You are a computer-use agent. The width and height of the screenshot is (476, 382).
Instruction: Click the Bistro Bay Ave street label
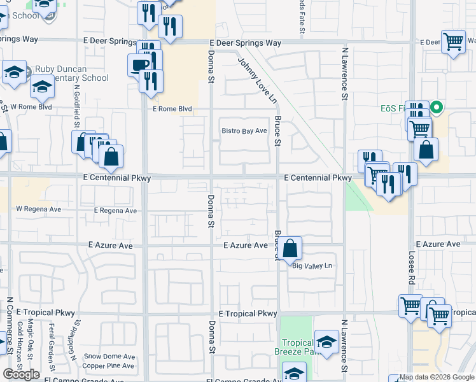click(244, 131)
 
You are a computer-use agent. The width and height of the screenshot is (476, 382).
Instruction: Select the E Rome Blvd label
click(172, 109)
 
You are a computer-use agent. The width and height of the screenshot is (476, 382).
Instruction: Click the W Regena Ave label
click(38, 208)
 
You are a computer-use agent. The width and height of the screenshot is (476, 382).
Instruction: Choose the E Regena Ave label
click(115, 210)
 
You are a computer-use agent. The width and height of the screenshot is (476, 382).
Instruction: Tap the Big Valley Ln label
click(312, 265)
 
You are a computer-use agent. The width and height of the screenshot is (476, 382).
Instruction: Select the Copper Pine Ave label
click(108, 365)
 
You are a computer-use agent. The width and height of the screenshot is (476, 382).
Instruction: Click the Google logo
click(21, 374)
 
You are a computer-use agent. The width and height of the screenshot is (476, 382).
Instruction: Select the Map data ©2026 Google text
click(432, 378)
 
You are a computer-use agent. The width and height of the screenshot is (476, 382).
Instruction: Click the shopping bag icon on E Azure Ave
click(290, 248)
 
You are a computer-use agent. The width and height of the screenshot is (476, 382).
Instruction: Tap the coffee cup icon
click(139, 64)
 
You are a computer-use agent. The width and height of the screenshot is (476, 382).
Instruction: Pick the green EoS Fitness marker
click(437, 107)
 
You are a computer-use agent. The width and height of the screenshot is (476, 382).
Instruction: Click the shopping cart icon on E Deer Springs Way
click(453, 43)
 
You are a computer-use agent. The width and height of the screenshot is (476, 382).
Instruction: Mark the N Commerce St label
click(10, 325)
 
